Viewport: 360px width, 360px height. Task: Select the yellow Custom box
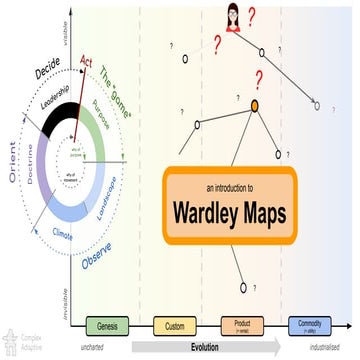173,326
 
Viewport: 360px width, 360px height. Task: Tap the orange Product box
241,326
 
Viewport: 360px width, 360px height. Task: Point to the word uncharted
101,348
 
